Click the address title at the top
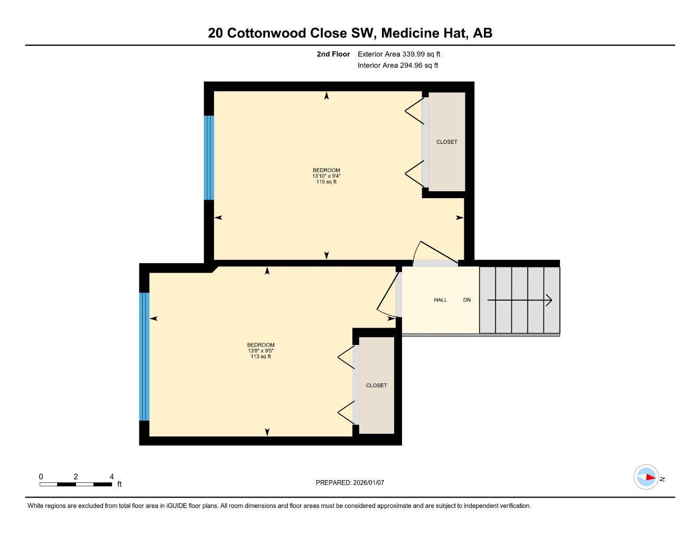click(350, 33)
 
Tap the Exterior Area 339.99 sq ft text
click(399, 54)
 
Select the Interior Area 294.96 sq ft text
click(398, 66)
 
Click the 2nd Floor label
click(333, 54)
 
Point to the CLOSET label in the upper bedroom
click(446, 142)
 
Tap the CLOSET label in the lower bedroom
click(376, 386)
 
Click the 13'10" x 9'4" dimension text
click(326, 176)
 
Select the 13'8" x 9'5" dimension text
click(261, 351)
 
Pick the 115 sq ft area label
click(326, 182)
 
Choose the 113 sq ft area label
click(261, 357)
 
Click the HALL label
click(440, 300)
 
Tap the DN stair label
click(467, 300)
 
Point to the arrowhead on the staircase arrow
click(549, 300)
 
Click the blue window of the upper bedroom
click(209, 157)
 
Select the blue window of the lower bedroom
click(144, 357)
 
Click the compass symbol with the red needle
click(646, 477)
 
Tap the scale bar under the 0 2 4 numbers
click(76, 484)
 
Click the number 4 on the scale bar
click(111, 477)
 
